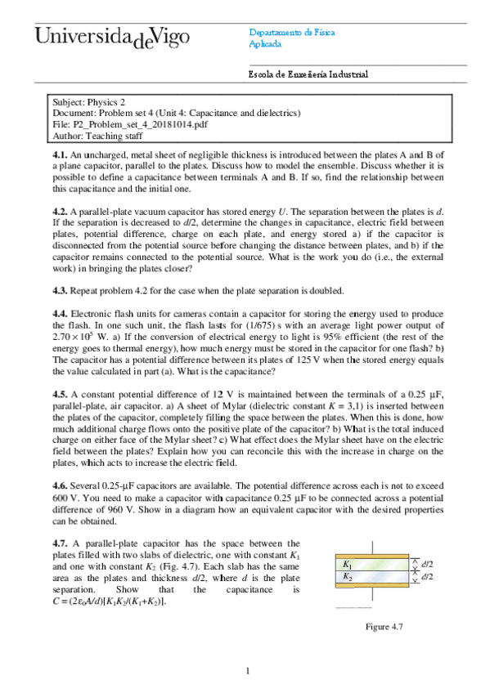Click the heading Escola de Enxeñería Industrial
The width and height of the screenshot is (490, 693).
(x=308, y=74)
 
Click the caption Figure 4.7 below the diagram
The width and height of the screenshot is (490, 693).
(x=384, y=627)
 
